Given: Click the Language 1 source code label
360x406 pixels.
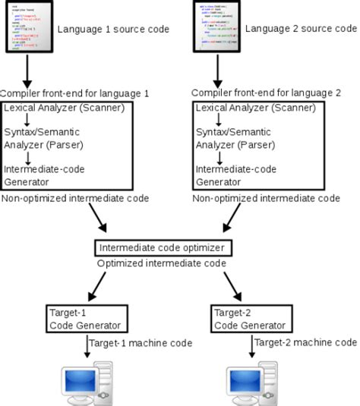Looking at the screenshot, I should click(x=112, y=30).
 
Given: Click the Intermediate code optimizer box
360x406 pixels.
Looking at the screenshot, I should click(x=162, y=248).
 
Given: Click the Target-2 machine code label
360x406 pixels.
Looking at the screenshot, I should click(x=305, y=343).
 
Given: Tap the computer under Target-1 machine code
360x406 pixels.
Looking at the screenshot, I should click(x=84, y=383).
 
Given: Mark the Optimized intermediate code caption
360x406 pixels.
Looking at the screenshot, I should click(x=162, y=263).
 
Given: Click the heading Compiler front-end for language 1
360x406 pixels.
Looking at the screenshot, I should click(x=74, y=93).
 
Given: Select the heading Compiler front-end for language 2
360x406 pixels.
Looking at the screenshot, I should click(x=266, y=93).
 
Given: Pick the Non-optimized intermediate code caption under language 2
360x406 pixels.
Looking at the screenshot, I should click(x=266, y=199).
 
